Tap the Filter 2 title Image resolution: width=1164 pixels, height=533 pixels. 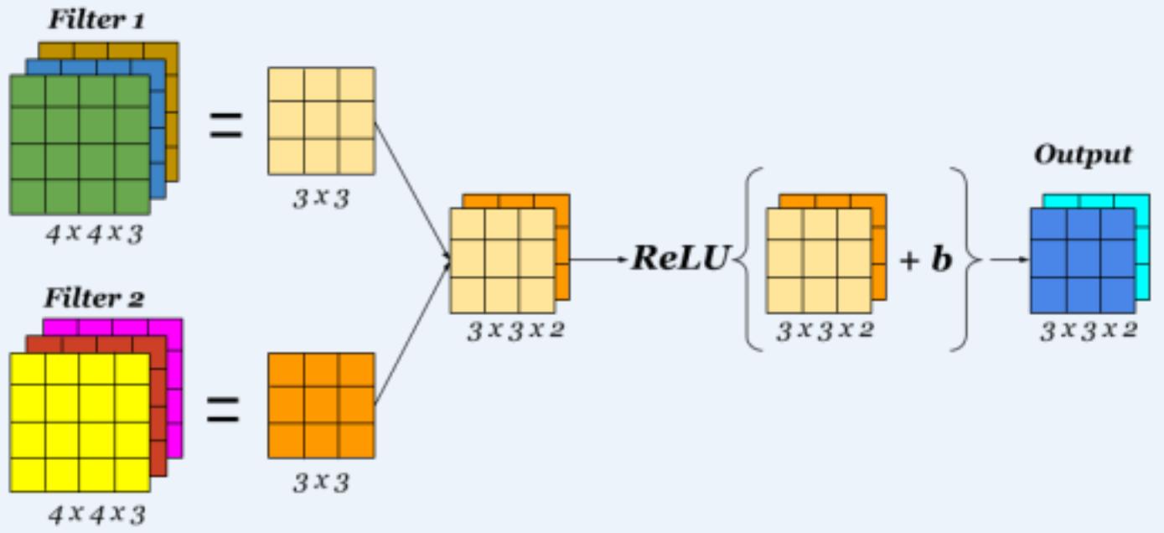pos(95,298)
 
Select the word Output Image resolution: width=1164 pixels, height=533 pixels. pos(1082,155)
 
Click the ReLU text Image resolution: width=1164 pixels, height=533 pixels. pos(680,259)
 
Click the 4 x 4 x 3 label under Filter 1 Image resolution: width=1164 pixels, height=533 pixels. pos(95,234)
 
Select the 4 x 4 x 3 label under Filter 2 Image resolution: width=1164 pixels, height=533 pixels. pos(96,513)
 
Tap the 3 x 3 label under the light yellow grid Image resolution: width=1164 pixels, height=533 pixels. pos(320,200)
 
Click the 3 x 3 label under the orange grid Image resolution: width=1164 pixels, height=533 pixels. pos(320,483)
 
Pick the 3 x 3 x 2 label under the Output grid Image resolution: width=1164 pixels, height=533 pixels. pos(1088,330)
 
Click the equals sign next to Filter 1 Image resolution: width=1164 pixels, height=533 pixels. pos(225,128)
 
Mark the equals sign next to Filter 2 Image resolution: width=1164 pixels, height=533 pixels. pos(224,410)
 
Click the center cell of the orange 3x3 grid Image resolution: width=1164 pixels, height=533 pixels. pos(321,406)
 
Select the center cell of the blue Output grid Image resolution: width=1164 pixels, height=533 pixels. pos(1083,260)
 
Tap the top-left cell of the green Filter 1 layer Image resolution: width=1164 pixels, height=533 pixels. pos(28,91)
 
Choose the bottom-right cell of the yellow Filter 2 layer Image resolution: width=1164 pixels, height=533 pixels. pos(132,475)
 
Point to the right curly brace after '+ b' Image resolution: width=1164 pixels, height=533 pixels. pos(965,259)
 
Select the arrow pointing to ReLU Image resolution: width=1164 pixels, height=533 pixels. pos(600,259)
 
